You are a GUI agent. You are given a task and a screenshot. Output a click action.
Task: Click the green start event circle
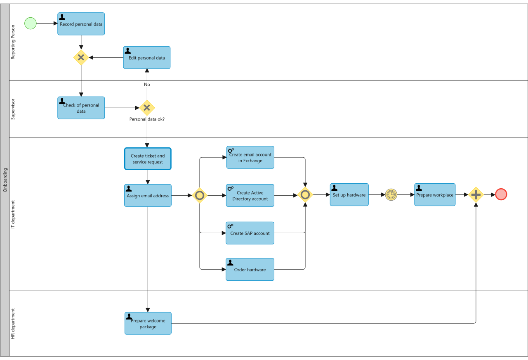point(31,24)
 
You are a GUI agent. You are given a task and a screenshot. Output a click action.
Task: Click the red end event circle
point(501,194)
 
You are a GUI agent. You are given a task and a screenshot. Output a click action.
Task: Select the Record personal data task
point(81,24)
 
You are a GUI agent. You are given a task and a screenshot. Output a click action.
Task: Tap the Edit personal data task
point(146,58)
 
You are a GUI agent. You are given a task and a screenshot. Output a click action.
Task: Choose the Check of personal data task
point(81,108)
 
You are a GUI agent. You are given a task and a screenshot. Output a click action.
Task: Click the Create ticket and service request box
point(148,159)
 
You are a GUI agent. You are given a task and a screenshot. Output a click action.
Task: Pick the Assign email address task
point(148,196)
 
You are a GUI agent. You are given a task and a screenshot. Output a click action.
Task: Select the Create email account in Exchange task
point(250,157)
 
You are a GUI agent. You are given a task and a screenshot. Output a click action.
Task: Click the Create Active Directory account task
point(250,196)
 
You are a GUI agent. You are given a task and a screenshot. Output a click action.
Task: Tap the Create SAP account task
point(250,233)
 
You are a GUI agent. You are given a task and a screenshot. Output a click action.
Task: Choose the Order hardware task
point(250,270)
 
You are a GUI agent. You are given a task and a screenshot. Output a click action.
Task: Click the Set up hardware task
point(349,195)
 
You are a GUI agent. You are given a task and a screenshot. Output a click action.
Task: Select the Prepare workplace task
point(435,195)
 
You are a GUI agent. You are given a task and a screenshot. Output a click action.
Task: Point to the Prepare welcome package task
point(148,323)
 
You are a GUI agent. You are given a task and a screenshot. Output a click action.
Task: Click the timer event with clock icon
point(391,194)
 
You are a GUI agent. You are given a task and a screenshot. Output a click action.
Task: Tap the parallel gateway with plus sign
point(476,194)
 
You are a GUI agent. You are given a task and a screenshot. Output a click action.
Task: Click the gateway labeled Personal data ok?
point(147,108)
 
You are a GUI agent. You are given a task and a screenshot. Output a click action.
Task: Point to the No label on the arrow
point(147,85)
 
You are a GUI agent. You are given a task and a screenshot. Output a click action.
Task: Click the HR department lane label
point(13,324)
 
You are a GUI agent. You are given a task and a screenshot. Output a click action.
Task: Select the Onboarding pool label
point(5,180)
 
